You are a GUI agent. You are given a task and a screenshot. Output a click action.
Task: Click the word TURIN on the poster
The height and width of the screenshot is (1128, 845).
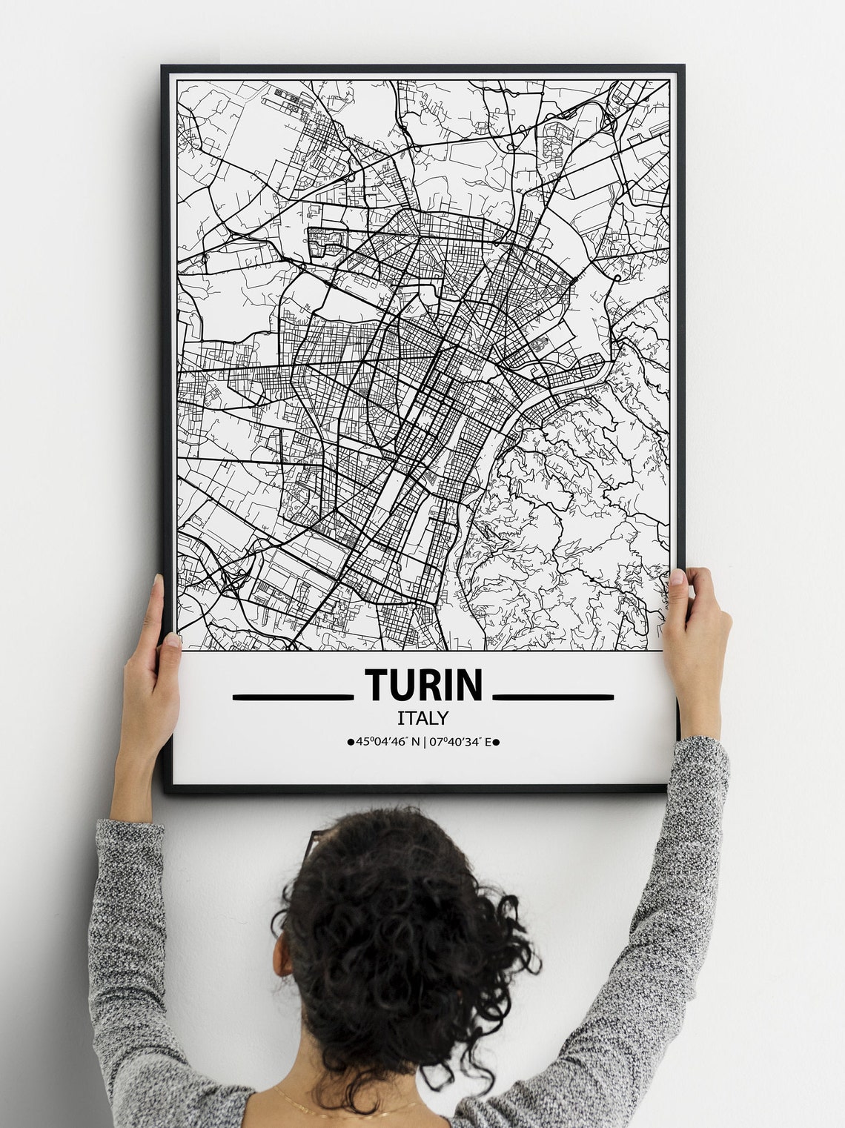pos(422,685)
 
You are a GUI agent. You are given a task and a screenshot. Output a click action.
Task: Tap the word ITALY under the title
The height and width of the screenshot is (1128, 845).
pos(422,717)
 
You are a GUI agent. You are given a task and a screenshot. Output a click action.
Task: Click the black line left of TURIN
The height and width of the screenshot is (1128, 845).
pos(291,697)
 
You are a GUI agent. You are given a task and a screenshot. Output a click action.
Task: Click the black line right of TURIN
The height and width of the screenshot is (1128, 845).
pos(553,697)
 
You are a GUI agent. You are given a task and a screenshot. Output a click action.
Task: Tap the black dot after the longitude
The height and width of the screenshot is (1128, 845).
pos(496,741)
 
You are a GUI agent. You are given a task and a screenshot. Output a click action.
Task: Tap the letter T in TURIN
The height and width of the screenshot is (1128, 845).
pos(376,685)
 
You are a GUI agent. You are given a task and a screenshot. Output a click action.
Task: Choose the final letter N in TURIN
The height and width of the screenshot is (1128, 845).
pos(469,685)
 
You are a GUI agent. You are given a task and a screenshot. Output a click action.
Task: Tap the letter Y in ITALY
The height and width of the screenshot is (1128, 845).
pos(443,717)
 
